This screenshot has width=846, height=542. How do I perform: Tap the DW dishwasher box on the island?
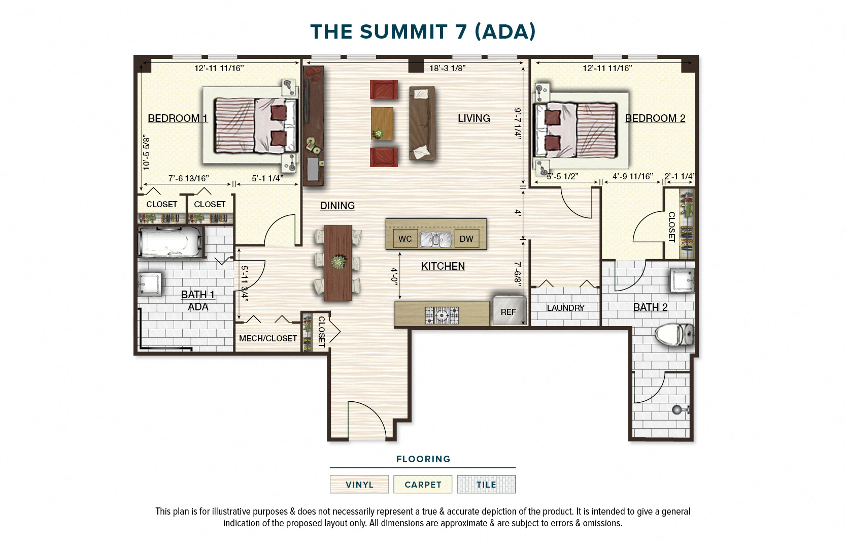(466, 239)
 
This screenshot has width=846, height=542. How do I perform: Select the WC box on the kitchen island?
(405, 239)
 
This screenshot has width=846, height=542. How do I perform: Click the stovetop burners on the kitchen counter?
(442, 315)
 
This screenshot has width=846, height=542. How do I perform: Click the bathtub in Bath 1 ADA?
(170, 242)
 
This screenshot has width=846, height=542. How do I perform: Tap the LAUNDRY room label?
(565, 308)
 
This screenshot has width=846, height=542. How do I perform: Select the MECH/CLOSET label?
(268, 338)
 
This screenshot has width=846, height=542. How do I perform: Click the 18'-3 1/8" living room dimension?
(447, 68)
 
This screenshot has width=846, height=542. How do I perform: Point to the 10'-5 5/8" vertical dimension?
(146, 152)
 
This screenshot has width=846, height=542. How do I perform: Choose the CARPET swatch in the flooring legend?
(423, 484)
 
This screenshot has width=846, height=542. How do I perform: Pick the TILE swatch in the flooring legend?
(486, 484)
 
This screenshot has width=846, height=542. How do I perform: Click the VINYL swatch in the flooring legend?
(359, 484)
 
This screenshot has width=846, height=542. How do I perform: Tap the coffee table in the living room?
(382, 123)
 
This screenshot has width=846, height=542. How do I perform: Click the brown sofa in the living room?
(422, 123)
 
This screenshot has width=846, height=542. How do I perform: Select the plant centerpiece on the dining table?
(339, 262)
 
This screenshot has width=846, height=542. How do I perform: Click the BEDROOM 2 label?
(655, 118)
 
